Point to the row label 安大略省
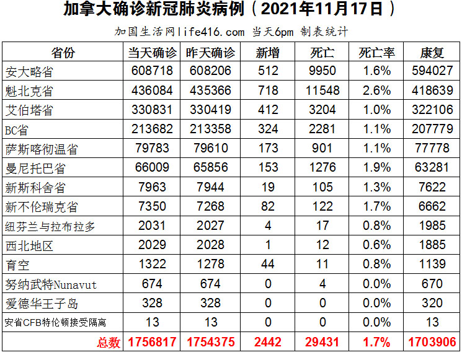(29, 71)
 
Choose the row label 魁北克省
(29, 91)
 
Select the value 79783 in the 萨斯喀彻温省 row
(152, 149)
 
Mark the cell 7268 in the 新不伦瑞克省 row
(211, 206)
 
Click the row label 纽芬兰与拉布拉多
(50, 226)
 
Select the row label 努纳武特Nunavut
(50, 284)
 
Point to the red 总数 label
(109, 342)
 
